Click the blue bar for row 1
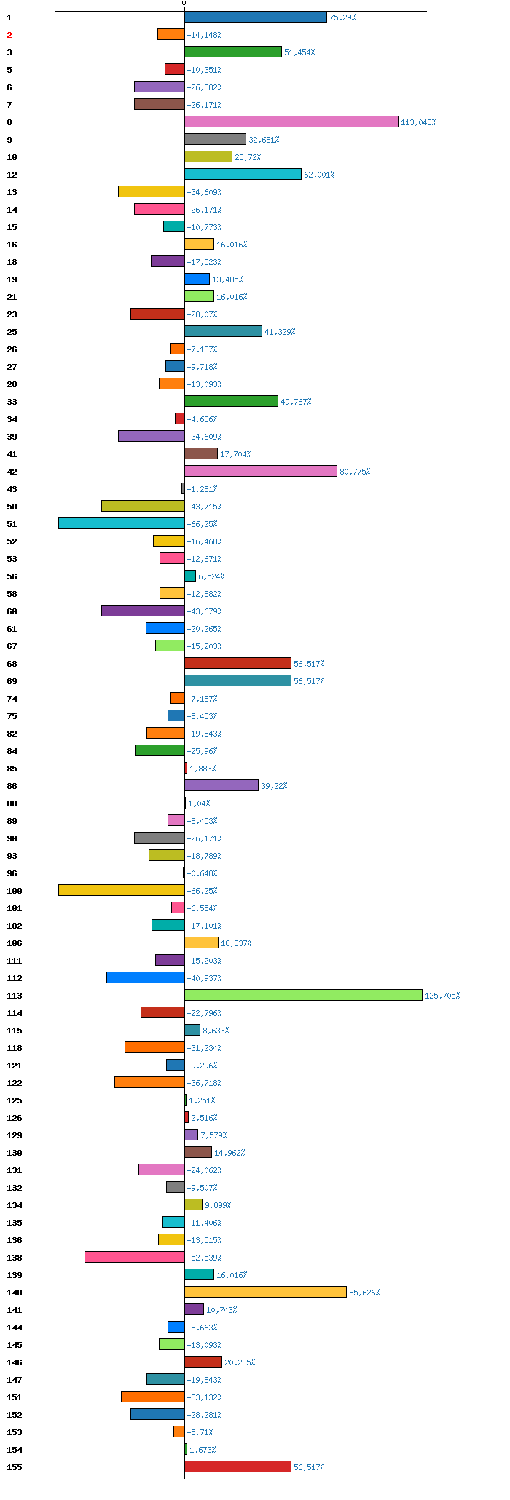(x=255, y=17)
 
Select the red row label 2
(x=9, y=35)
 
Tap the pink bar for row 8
(x=291, y=122)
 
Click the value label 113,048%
(x=418, y=122)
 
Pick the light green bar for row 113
(x=303, y=995)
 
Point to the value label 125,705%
(x=442, y=996)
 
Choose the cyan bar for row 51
(x=121, y=523)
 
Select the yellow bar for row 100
(x=121, y=890)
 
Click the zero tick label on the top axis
(x=184, y=4)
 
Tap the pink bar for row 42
(x=260, y=471)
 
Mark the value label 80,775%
(x=355, y=472)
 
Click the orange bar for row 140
(x=265, y=1292)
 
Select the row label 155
(x=15, y=1467)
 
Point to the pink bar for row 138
(x=134, y=1257)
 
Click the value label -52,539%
(x=205, y=1258)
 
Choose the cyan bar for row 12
(x=243, y=174)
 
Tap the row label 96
(x=12, y=873)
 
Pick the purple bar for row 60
(x=143, y=611)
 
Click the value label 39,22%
(x=274, y=786)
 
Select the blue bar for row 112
(x=145, y=977)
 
